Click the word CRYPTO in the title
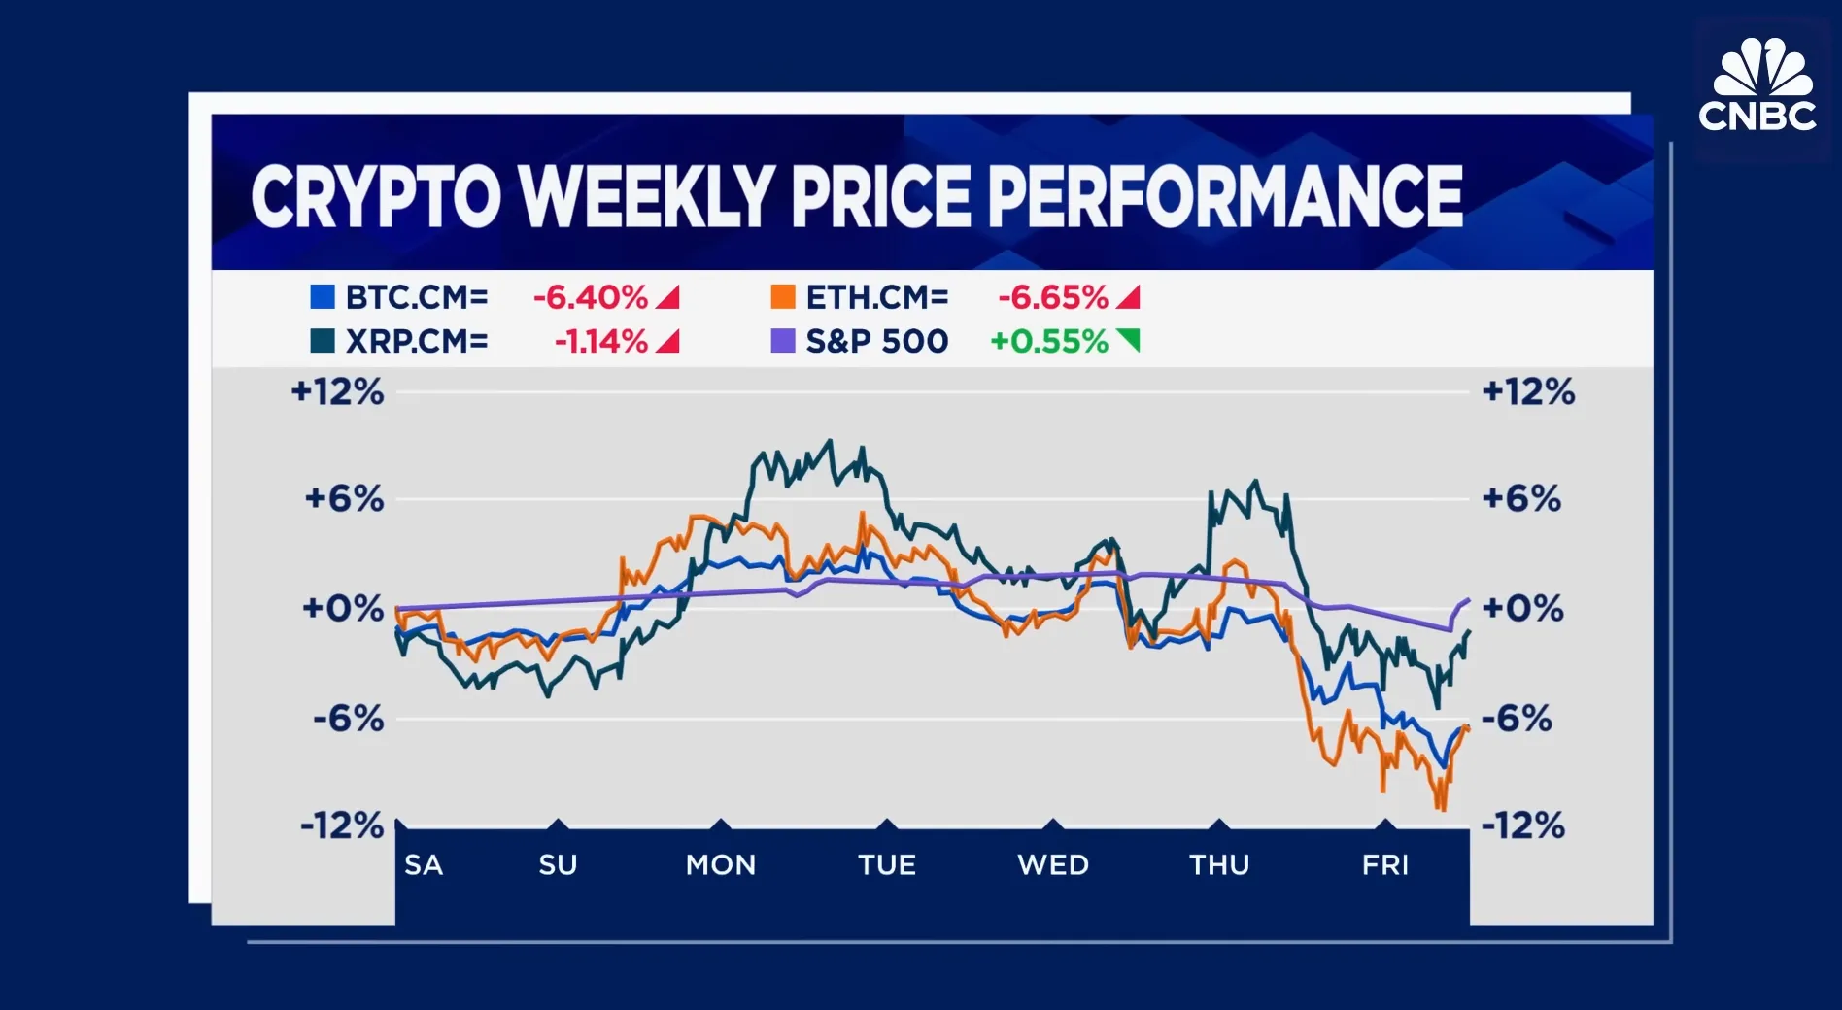tap(375, 197)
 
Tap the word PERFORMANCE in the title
tap(1225, 197)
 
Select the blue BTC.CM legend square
tap(322, 297)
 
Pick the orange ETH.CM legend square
tap(782, 297)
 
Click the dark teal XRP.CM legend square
tap(322, 341)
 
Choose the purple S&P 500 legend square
tap(782, 341)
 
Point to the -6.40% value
tap(590, 297)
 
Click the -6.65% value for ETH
tap(1052, 297)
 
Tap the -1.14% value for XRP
tap(600, 341)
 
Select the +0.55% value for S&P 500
tap(1048, 341)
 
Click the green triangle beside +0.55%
tap(1128, 340)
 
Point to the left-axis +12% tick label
tap(337, 392)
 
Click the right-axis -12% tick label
tap(1522, 826)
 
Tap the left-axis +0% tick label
tap(343, 609)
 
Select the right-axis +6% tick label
tap(1520, 499)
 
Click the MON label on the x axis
tap(720, 864)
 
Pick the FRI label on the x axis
tap(1384, 864)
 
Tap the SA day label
tap(424, 864)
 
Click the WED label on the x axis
tap(1053, 864)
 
